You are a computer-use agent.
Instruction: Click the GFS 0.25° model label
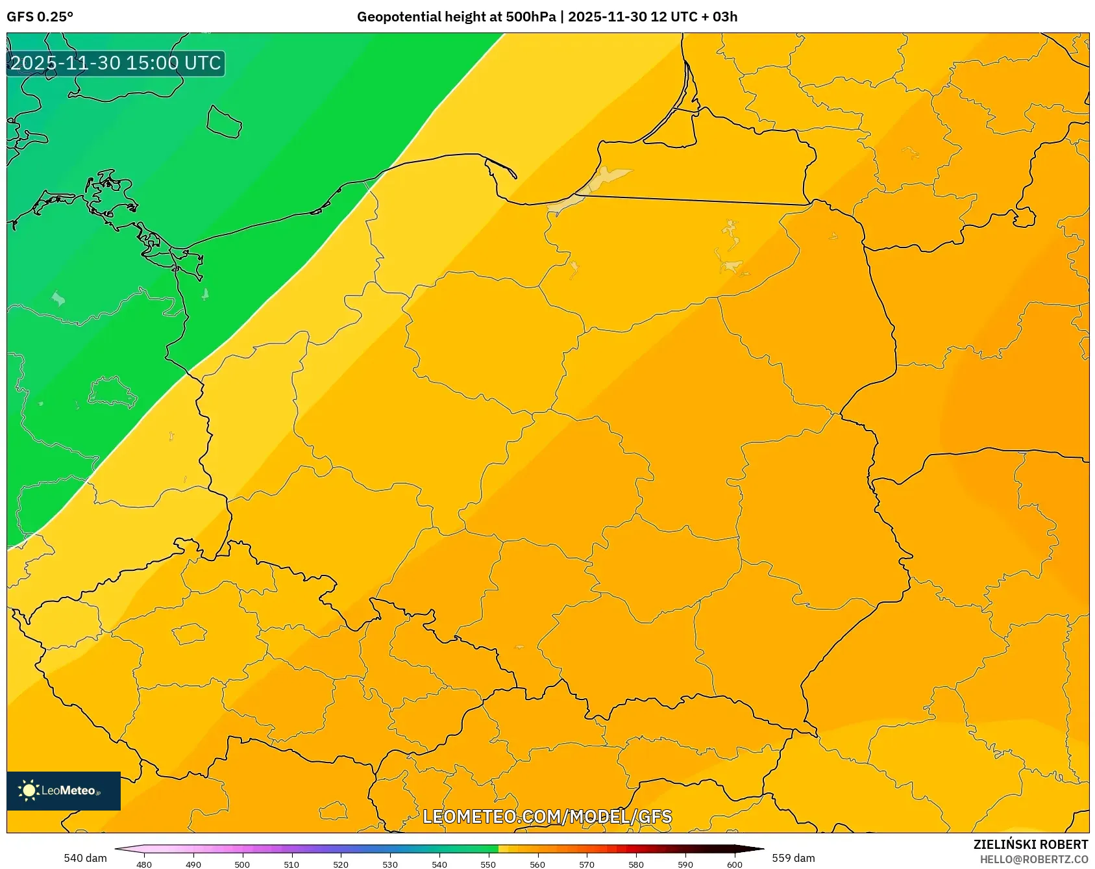pyautogui.click(x=40, y=17)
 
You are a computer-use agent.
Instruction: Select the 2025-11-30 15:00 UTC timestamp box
pyautogui.click(x=116, y=64)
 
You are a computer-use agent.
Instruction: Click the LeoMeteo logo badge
pyautogui.click(x=64, y=790)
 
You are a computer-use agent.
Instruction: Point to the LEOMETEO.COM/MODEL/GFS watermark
pyautogui.click(x=547, y=816)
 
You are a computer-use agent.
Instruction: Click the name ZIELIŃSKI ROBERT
pyautogui.click(x=1030, y=844)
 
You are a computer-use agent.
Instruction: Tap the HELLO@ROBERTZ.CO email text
pyautogui.click(x=1033, y=859)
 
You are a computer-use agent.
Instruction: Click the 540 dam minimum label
pyautogui.click(x=85, y=858)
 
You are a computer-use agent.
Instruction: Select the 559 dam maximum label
pyautogui.click(x=793, y=858)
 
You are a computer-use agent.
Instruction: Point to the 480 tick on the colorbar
pyautogui.click(x=144, y=864)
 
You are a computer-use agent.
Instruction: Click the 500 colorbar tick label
pyautogui.click(x=242, y=864)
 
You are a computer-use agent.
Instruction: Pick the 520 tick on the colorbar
pyautogui.click(x=341, y=864)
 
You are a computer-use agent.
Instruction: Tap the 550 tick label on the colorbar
pyautogui.click(x=488, y=864)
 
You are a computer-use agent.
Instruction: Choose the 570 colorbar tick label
pyautogui.click(x=587, y=864)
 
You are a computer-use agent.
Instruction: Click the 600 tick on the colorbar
pyautogui.click(x=735, y=864)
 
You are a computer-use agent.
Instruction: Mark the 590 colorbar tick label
pyautogui.click(x=685, y=864)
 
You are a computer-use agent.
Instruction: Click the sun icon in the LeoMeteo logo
pyautogui.click(x=29, y=790)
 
